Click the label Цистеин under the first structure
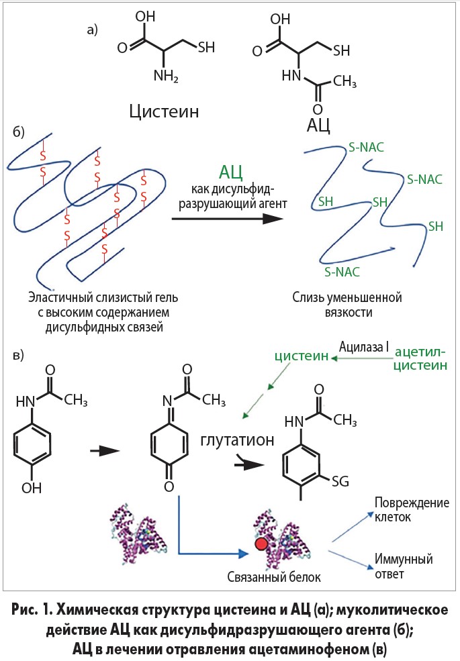(164, 111)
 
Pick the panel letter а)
(93, 29)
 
